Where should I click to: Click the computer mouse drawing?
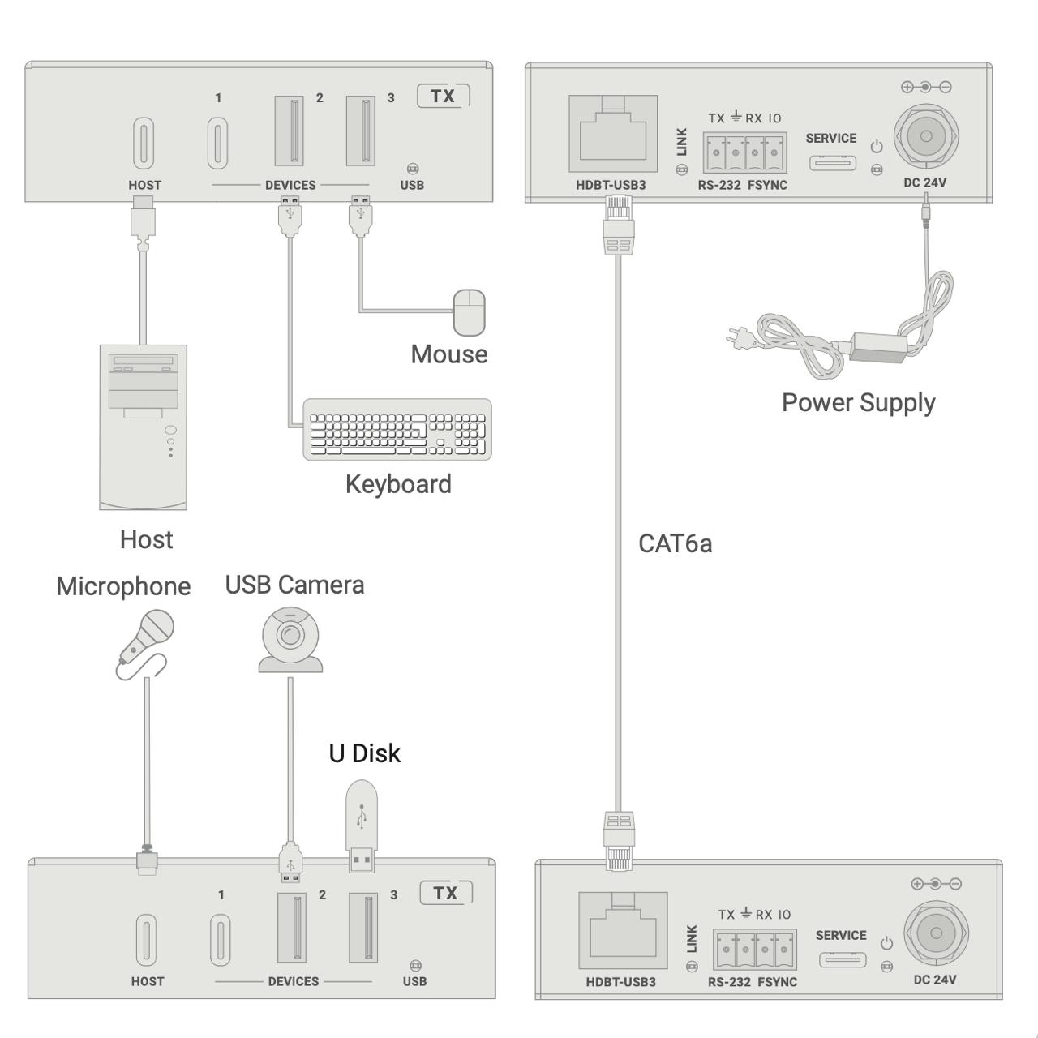coord(469,312)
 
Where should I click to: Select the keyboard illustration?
coord(397,430)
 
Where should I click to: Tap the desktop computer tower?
coord(143,427)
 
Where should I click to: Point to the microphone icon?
coord(146,639)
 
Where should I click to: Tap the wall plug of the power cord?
coord(738,334)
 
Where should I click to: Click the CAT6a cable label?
coord(675,543)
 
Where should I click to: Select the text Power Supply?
coord(858,402)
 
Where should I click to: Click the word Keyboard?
coord(398,484)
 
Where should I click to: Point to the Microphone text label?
coord(123,586)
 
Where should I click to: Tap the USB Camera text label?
coord(294,585)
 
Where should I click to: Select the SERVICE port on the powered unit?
coord(832,162)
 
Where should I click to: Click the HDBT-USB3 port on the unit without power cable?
coord(623,930)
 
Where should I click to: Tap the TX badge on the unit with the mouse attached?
coord(443,96)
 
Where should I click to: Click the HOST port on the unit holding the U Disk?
coord(147,941)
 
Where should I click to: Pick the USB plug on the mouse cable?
coord(360,214)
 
